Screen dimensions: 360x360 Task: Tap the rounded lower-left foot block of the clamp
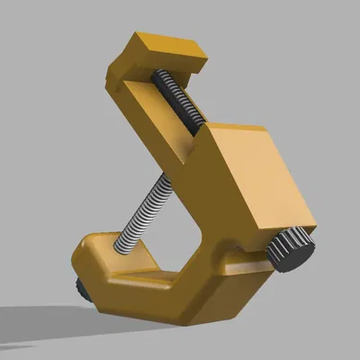tap(99, 261)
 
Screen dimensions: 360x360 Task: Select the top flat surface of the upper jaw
tap(166, 45)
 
